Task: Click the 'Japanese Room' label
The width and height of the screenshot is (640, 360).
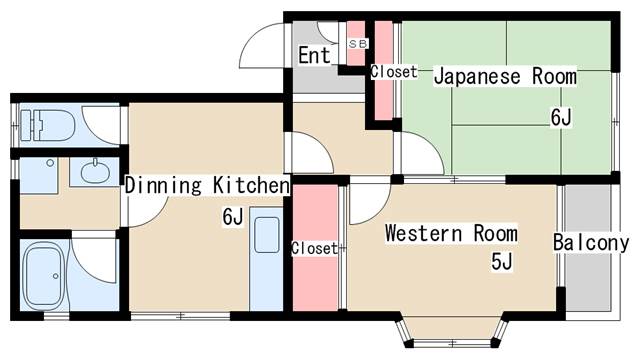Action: point(504,76)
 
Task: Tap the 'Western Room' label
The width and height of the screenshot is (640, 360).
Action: point(451,234)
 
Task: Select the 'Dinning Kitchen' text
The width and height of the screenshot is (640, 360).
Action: point(207,185)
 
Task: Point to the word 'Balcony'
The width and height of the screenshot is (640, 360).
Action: point(591,242)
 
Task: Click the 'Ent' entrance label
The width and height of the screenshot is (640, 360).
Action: point(314,55)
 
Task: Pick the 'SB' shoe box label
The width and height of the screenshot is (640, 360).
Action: point(357,45)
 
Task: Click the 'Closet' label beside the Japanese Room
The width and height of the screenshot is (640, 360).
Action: point(394,72)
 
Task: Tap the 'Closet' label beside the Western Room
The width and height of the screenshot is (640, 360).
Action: point(314,247)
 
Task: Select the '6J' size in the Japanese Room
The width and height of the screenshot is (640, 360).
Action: point(561,118)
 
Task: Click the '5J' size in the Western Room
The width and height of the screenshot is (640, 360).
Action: point(501,263)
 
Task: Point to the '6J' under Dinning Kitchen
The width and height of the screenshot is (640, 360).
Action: point(232,216)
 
